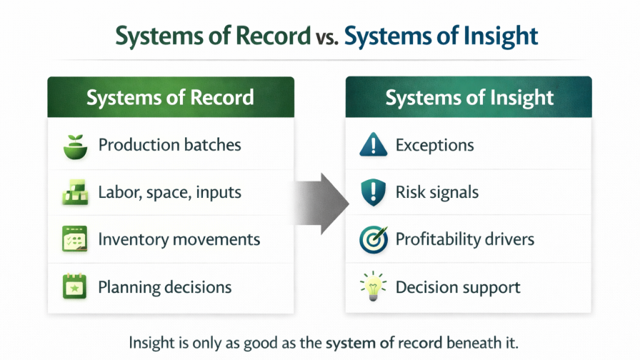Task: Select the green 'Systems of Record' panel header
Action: (x=171, y=97)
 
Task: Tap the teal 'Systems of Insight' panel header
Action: (x=469, y=97)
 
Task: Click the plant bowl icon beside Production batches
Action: (x=75, y=145)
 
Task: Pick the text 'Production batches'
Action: (x=169, y=145)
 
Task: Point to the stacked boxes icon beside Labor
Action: (x=75, y=192)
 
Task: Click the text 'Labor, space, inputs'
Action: (x=169, y=192)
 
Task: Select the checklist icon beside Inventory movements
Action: (x=75, y=239)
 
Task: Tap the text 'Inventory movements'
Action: (x=179, y=239)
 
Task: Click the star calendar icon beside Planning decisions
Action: (x=75, y=287)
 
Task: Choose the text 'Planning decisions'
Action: (x=164, y=287)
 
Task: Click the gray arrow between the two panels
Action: (x=320, y=203)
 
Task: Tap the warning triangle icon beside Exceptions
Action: (x=372, y=146)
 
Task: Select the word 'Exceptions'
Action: (x=434, y=146)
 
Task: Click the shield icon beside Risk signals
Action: (x=372, y=192)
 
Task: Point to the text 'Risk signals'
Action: (x=436, y=192)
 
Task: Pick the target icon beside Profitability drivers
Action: (x=372, y=240)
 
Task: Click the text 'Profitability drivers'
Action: (x=464, y=239)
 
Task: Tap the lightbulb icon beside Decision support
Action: (x=372, y=287)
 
